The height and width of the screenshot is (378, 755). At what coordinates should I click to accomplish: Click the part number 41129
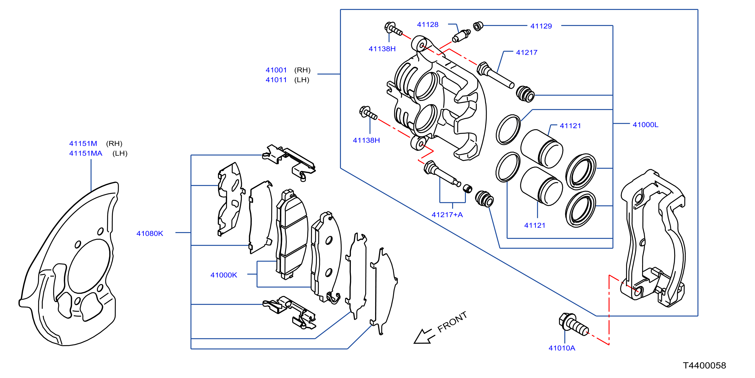tap(541, 26)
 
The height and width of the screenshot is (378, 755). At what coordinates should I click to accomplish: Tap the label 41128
tap(428, 25)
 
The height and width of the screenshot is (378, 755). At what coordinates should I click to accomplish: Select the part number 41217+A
tap(447, 215)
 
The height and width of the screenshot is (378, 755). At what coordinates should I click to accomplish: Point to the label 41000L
tap(645, 125)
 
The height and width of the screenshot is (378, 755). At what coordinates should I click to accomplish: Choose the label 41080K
tap(150, 234)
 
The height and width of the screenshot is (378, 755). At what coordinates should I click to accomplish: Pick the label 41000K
tap(224, 275)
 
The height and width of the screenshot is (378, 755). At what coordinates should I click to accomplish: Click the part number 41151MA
tap(86, 154)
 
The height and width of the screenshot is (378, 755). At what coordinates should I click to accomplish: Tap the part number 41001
tap(276, 70)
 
